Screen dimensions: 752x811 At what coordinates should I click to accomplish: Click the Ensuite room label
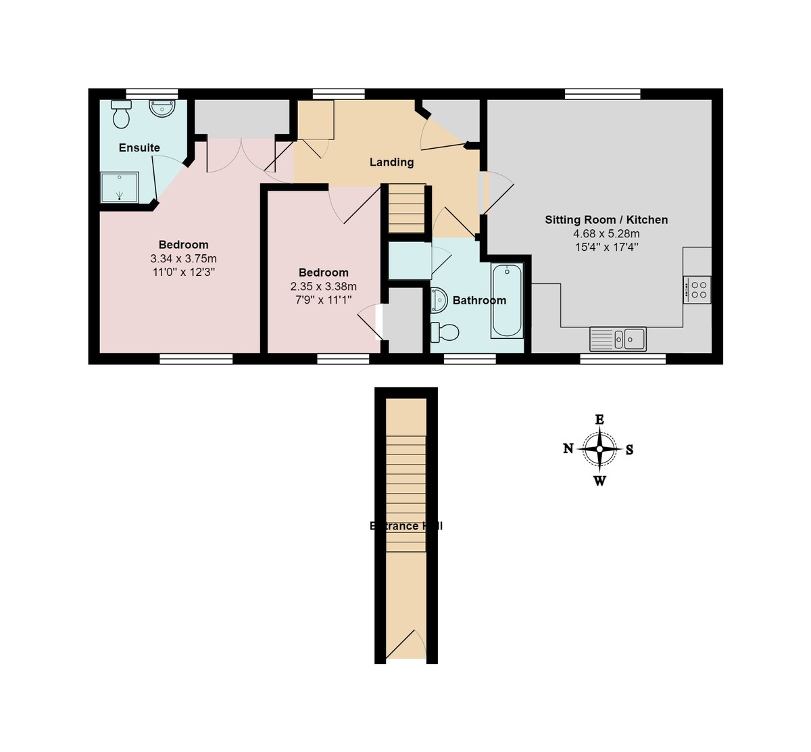pyautogui.click(x=139, y=147)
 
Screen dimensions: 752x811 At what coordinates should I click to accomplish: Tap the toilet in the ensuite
pyautogui.click(x=122, y=115)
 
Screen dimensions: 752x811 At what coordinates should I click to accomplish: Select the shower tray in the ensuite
pyautogui.click(x=120, y=187)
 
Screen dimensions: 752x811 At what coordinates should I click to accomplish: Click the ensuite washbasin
pyautogui.click(x=162, y=108)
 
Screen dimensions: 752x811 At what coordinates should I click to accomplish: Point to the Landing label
pyautogui.click(x=391, y=162)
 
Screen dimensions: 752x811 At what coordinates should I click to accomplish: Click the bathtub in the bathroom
pyautogui.click(x=507, y=300)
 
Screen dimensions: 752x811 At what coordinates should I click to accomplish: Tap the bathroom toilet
pyautogui.click(x=445, y=332)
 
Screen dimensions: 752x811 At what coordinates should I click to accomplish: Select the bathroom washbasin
pyautogui.click(x=437, y=300)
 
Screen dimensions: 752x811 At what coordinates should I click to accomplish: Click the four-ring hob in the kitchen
pyautogui.click(x=697, y=289)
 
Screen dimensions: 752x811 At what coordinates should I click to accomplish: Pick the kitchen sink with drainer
pyautogui.click(x=618, y=339)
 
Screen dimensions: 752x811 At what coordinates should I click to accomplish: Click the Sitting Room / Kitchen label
pyautogui.click(x=606, y=220)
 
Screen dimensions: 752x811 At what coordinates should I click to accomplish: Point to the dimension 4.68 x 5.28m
pyautogui.click(x=606, y=234)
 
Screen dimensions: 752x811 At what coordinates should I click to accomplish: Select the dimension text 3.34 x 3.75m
pyautogui.click(x=183, y=259)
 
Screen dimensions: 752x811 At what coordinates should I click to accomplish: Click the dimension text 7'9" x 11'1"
pyautogui.click(x=323, y=300)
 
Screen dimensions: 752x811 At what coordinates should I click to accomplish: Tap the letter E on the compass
pyautogui.click(x=599, y=420)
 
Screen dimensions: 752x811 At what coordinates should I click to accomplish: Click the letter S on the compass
pyautogui.click(x=629, y=450)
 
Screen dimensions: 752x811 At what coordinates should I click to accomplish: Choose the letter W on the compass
pyautogui.click(x=599, y=481)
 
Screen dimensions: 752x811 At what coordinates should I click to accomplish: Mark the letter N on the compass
pyautogui.click(x=568, y=448)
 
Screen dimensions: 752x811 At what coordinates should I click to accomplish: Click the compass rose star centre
pyautogui.click(x=599, y=449)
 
